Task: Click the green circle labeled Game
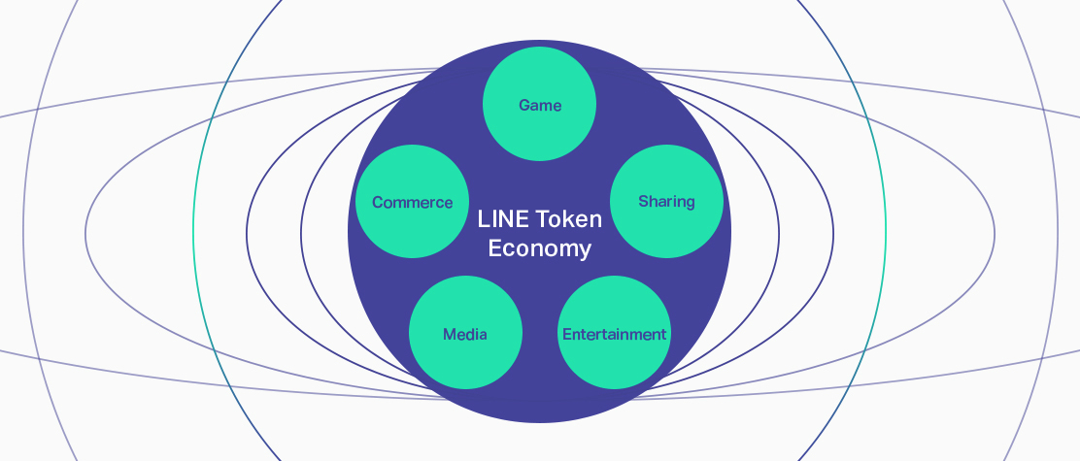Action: pyautogui.click(x=539, y=104)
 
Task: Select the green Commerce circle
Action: pyautogui.click(x=413, y=202)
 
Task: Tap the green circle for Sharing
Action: pyautogui.click(x=666, y=201)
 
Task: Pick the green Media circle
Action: pyautogui.click(x=465, y=334)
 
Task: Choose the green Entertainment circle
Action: pyautogui.click(x=614, y=334)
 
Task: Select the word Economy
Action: pyautogui.click(x=539, y=248)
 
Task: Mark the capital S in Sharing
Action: pyautogui.click(x=643, y=201)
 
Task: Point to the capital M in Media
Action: pyautogui.click(x=450, y=334)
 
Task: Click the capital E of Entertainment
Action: pyautogui.click(x=566, y=334)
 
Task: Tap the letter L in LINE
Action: pyautogui.click(x=483, y=219)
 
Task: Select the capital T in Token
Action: pyautogui.click(x=537, y=219)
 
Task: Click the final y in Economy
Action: pyautogui.click(x=585, y=251)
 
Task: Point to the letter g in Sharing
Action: pyautogui.click(x=690, y=203)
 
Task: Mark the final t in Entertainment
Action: pyautogui.click(x=663, y=334)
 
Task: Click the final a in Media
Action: pyautogui.click(x=483, y=335)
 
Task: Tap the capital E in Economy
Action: pyautogui.click(x=494, y=248)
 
